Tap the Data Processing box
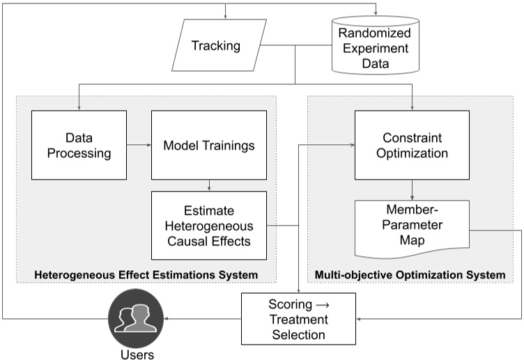point(78,145)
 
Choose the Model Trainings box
point(208,145)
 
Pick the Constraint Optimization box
point(411,145)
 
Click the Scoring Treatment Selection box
point(298,318)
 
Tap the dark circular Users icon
point(137,318)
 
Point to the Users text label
point(137,352)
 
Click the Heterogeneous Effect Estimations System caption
point(146,276)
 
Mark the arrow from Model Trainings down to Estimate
point(208,185)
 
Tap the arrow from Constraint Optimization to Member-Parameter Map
point(411,189)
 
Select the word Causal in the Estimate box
point(190,241)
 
